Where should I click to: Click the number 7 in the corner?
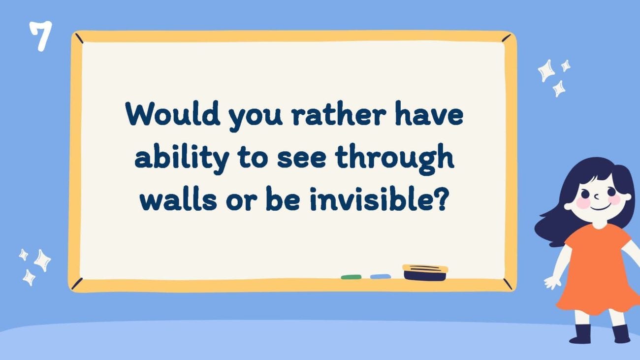40,36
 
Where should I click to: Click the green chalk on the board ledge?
351,277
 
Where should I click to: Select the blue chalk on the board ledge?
380,277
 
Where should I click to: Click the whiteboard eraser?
425,272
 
